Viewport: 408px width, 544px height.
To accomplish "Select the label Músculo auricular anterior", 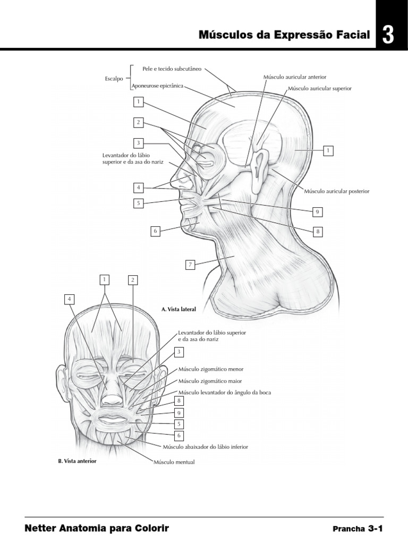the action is (287, 77).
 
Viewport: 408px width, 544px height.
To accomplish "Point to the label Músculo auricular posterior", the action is (336, 190).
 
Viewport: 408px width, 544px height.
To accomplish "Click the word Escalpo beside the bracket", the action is (114, 79).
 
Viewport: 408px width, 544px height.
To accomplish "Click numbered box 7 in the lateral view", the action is (190, 264).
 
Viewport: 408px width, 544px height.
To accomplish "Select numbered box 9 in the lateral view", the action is (317, 212).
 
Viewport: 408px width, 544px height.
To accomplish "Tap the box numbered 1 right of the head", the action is (328, 151).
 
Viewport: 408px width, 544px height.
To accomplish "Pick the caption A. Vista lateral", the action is (178, 308).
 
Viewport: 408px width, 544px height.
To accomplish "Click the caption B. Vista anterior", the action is (76, 461).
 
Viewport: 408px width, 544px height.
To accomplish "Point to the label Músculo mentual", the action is (174, 462).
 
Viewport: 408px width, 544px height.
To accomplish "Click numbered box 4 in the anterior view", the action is (69, 299).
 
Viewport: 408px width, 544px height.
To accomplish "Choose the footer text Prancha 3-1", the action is (357, 529).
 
